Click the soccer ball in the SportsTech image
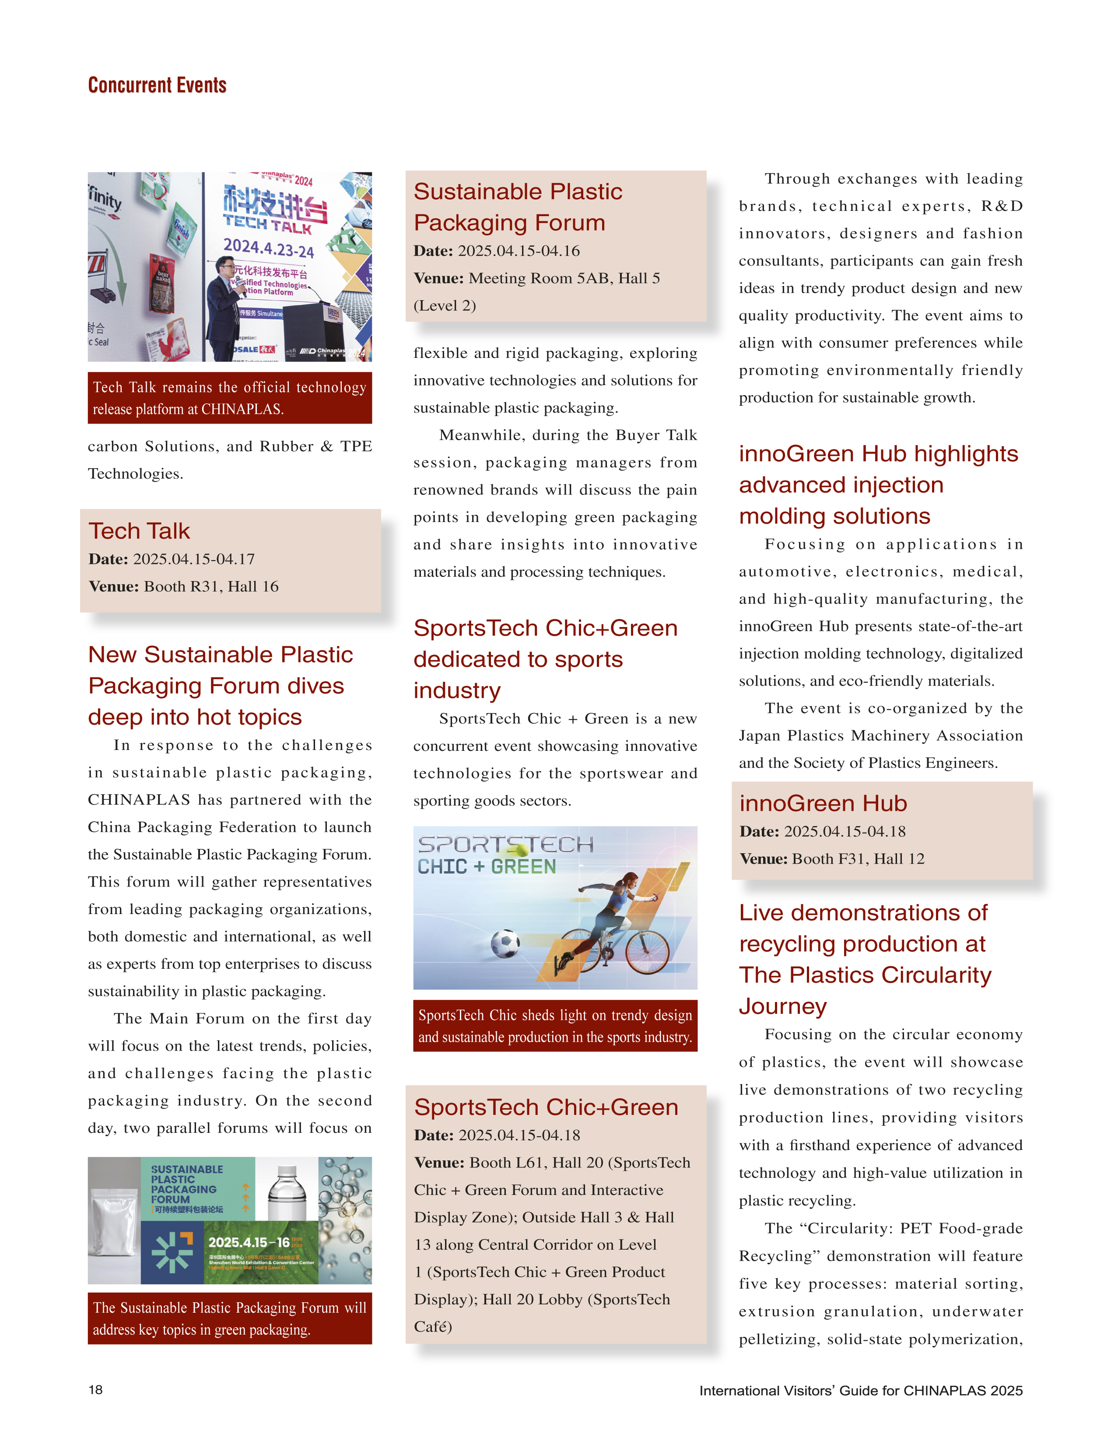point(505,944)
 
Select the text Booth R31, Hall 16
point(211,587)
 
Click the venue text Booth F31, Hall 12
point(858,859)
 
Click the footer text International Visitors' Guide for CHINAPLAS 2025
point(860,1390)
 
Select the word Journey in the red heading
point(782,1006)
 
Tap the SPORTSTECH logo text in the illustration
point(505,844)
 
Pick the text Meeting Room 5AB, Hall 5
point(564,278)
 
